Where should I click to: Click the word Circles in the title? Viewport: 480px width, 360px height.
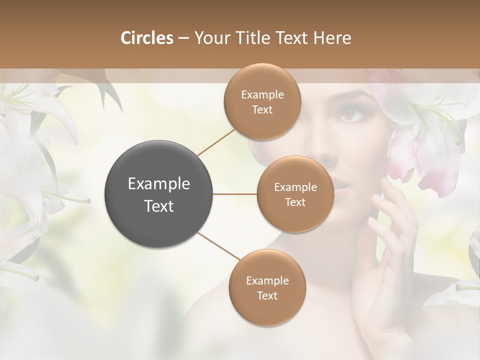click(146, 38)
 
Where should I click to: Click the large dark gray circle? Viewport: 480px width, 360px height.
click(159, 194)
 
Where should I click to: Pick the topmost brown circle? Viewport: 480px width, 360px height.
click(262, 102)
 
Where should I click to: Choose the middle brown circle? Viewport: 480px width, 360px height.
click(295, 194)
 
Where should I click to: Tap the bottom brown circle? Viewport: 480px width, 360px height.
click(267, 288)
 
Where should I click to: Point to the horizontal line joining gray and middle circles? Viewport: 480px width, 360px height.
click(235, 194)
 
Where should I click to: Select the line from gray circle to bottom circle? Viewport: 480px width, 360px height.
click(218, 246)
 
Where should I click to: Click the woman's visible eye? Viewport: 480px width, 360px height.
click(347, 115)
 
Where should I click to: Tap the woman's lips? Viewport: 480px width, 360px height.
click(340, 189)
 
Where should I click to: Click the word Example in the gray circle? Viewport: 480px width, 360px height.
click(159, 184)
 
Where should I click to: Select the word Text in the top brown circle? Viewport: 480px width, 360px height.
click(262, 110)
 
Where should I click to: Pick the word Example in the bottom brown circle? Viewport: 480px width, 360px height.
click(267, 281)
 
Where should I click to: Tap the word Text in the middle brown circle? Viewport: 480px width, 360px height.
click(295, 202)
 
